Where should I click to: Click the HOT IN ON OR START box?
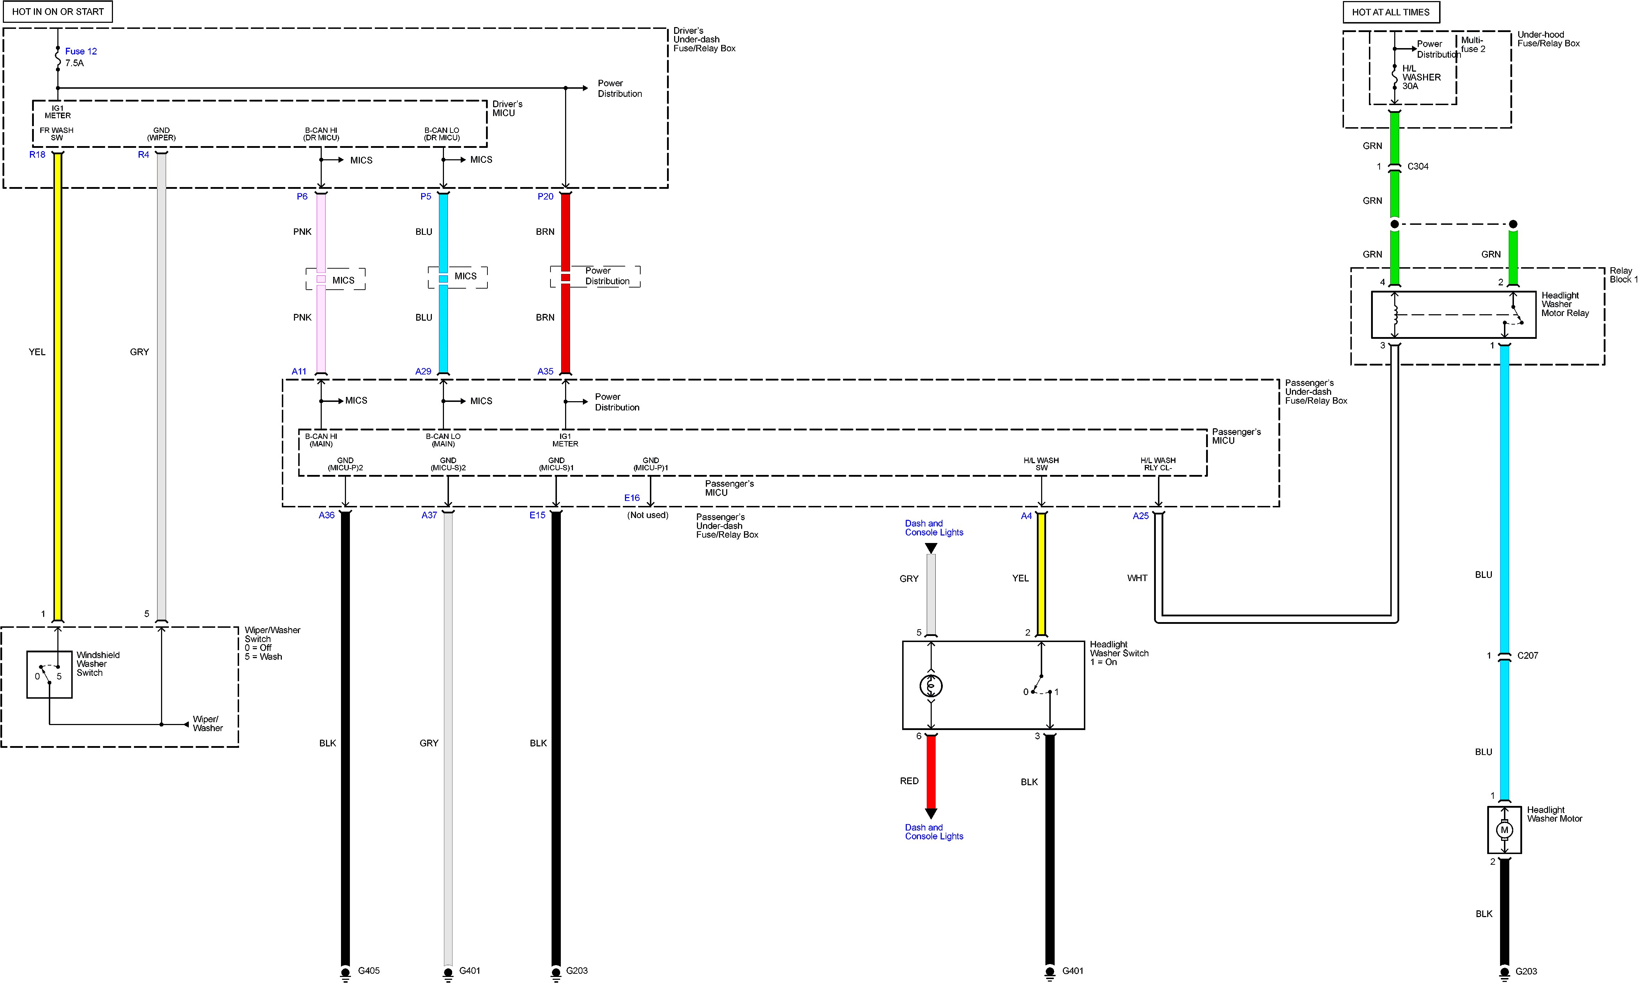tap(58, 12)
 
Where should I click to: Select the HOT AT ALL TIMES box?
tap(1391, 12)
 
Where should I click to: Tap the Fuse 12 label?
tap(81, 51)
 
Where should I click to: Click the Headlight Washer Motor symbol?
tap(1505, 829)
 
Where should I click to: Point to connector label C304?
tap(1418, 166)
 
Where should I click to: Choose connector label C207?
tap(1528, 655)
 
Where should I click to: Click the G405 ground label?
tap(369, 971)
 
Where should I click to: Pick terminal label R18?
tap(37, 154)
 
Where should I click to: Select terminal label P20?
tap(545, 196)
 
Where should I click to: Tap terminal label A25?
tap(1140, 515)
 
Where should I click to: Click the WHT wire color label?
tap(1137, 578)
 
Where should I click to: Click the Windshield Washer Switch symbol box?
tap(49, 674)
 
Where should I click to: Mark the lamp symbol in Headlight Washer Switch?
tap(931, 685)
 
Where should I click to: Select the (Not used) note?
tap(648, 515)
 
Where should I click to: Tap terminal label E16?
tap(632, 497)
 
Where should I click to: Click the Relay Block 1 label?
tap(1623, 275)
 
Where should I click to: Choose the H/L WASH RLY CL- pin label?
tap(1158, 464)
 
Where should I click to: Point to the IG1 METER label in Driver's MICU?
tap(58, 111)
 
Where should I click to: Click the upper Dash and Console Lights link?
tap(934, 528)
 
